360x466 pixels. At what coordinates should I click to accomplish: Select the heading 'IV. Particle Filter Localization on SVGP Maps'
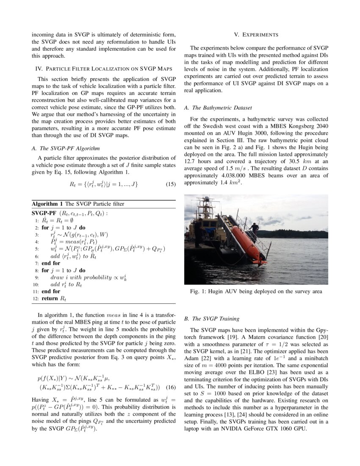click(104, 68)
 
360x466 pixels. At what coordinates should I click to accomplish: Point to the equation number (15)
click(170, 184)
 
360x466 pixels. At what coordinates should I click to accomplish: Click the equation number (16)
click(170, 387)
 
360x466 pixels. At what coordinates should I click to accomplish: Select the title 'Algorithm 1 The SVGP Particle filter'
click(78, 204)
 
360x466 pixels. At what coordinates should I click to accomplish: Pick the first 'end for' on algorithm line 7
click(51, 263)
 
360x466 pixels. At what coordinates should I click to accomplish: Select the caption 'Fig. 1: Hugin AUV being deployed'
click(256, 291)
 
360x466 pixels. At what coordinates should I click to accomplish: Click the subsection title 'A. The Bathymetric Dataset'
click(218, 108)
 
